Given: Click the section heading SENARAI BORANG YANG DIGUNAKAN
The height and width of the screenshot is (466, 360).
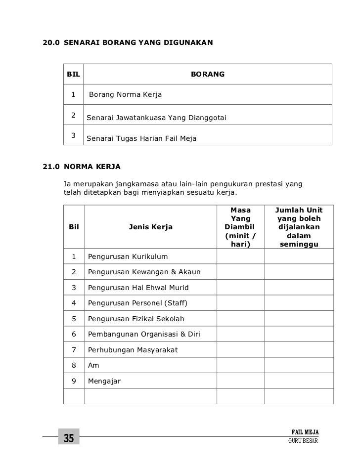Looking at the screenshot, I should coord(139,43).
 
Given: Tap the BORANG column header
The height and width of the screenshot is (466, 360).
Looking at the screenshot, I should coord(208,74).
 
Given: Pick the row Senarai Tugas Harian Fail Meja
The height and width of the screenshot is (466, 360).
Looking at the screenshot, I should coord(141,139).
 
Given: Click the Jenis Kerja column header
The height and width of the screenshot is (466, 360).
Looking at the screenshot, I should coord(150,227).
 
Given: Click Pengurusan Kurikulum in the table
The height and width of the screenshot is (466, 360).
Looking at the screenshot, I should coord(128,256).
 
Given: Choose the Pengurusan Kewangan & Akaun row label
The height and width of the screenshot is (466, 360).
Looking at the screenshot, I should coord(144,272).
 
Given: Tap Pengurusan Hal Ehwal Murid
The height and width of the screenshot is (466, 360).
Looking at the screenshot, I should coord(138,288).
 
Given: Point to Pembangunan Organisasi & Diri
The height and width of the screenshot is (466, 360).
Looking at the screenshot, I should coord(144,334).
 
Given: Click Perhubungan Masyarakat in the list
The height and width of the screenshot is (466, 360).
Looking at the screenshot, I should coord(133,350).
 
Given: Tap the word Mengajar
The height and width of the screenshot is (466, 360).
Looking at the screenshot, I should coord(104,381).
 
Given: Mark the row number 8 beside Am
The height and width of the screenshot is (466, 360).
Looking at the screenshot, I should coord(74,366).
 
